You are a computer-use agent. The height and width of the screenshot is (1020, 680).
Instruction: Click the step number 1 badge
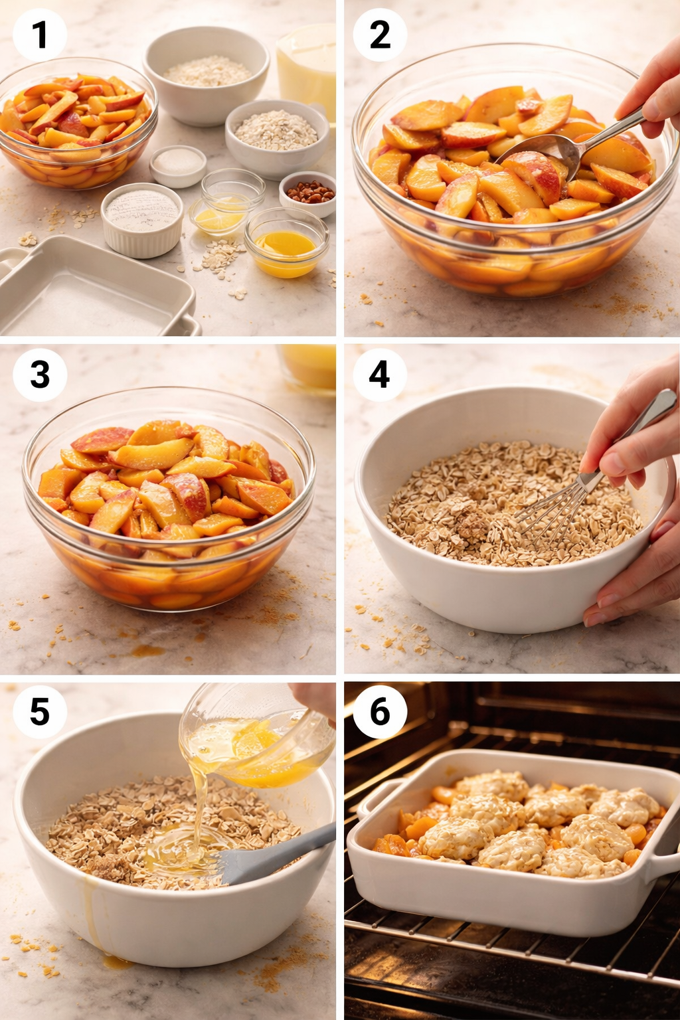pyautogui.click(x=40, y=35)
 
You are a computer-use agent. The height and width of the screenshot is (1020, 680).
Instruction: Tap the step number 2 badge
pyautogui.click(x=380, y=35)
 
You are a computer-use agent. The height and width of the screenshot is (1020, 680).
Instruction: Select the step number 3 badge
pyautogui.click(x=40, y=375)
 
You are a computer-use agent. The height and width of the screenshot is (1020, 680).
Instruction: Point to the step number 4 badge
pyautogui.click(x=379, y=375)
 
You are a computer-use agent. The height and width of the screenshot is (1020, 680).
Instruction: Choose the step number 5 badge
pyautogui.click(x=40, y=712)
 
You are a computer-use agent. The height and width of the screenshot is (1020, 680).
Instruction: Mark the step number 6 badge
pyautogui.click(x=380, y=712)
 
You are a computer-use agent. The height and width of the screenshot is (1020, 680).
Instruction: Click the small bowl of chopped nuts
pyautogui.click(x=307, y=193)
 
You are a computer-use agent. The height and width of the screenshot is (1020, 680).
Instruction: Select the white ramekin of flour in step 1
pyautogui.click(x=142, y=218)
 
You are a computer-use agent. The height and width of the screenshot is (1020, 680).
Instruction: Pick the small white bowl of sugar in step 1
pyautogui.click(x=177, y=164)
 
